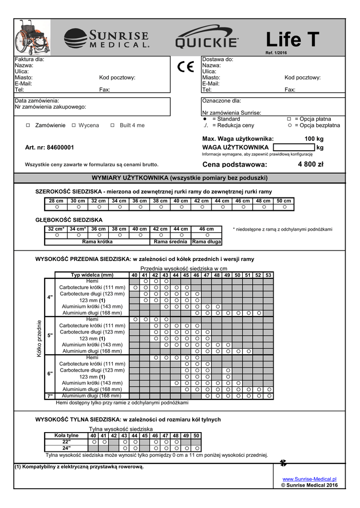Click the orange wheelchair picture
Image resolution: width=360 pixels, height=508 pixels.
[30, 37]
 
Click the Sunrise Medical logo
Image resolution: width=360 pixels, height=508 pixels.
[107, 38]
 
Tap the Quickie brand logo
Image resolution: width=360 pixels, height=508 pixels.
[207, 38]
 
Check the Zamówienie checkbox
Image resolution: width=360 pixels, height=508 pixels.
[28, 126]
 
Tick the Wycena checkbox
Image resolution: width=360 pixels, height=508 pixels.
[73, 126]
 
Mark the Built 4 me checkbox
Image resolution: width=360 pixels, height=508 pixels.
[112, 126]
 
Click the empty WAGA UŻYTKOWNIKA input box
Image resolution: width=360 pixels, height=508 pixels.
[293, 147]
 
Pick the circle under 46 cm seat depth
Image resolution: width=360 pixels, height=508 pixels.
[207, 235]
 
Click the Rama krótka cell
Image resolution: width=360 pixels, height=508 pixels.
[97, 242]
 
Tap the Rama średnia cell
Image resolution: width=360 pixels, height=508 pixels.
[170, 242]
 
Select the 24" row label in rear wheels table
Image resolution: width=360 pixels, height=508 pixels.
[67, 448]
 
